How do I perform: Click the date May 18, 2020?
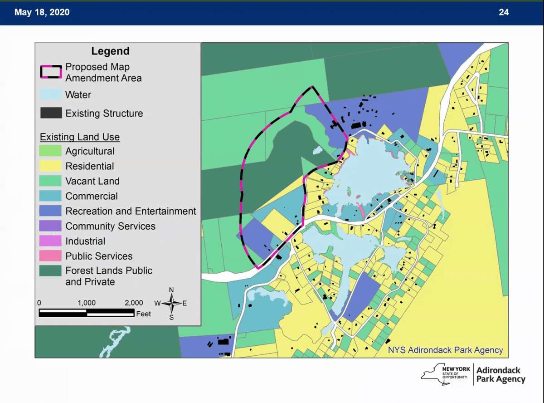[42, 12]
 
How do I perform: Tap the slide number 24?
[504, 12]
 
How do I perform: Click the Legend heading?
[110, 51]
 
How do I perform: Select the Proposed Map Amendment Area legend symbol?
[51, 72]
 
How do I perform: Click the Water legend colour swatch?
[51, 95]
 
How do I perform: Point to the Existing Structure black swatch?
[51, 113]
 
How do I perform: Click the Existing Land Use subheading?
[80, 137]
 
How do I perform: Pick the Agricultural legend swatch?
[51, 151]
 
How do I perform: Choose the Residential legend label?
[90, 166]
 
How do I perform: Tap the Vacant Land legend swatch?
[51, 181]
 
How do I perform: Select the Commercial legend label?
[92, 196]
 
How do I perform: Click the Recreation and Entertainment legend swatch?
[51, 211]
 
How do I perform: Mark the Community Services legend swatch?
[51, 226]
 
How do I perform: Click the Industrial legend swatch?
[51, 241]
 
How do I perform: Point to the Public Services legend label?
[99, 256]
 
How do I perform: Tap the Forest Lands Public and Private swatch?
[51, 271]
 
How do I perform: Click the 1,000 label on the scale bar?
[87, 303]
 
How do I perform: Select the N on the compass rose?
[171, 290]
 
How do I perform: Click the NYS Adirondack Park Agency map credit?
[445, 350]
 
